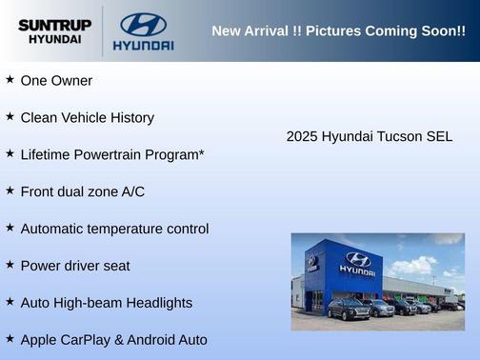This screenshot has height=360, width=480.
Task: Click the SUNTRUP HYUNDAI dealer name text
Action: point(54,31)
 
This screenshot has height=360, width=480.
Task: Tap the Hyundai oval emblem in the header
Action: point(143,24)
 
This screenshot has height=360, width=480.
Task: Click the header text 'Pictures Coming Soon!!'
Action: point(386,31)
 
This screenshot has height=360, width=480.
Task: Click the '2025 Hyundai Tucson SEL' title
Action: point(370,136)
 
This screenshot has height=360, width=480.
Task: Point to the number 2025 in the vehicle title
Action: point(302,136)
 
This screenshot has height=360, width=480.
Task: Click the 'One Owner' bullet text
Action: point(56,81)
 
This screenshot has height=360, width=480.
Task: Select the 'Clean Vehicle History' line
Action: point(87,118)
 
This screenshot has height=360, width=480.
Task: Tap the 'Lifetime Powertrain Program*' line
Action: point(112,154)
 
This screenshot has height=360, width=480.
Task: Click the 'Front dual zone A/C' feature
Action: point(82,191)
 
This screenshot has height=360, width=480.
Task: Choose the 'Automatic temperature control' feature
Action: point(114,229)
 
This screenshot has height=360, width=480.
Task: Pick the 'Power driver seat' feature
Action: point(75,266)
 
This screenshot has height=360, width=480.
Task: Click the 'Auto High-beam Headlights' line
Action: point(106,303)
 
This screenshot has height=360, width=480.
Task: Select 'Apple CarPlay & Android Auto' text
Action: point(113,339)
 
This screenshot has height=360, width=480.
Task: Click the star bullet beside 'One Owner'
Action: point(10,80)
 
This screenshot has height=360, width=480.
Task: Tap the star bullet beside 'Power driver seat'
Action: point(10,265)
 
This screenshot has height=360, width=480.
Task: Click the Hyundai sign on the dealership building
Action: point(357,262)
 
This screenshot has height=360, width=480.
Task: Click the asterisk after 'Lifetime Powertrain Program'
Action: point(202,152)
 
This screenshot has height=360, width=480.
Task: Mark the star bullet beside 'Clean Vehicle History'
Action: point(10,117)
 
